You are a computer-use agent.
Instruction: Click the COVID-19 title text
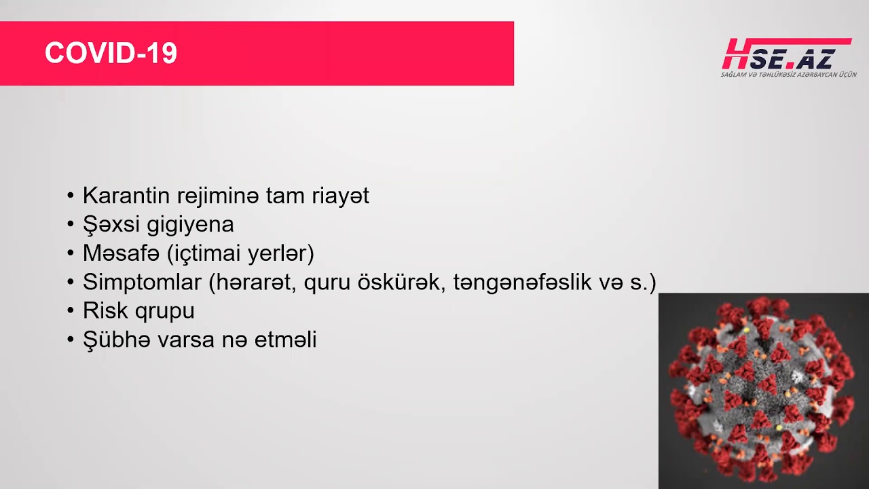(111, 53)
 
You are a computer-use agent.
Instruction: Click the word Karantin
(126, 195)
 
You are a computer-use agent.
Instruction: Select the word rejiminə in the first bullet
(218, 196)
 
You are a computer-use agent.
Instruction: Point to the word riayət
(341, 196)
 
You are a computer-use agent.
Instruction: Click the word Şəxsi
(111, 225)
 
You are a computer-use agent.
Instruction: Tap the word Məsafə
(121, 253)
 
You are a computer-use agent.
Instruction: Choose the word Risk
(105, 310)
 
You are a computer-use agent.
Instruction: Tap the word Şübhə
(116, 339)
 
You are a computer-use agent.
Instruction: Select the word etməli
(286, 339)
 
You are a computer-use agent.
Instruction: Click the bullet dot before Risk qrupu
(71, 311)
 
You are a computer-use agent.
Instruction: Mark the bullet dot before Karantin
(71, 196)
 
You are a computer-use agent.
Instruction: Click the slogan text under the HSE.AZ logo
(789, 75)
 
